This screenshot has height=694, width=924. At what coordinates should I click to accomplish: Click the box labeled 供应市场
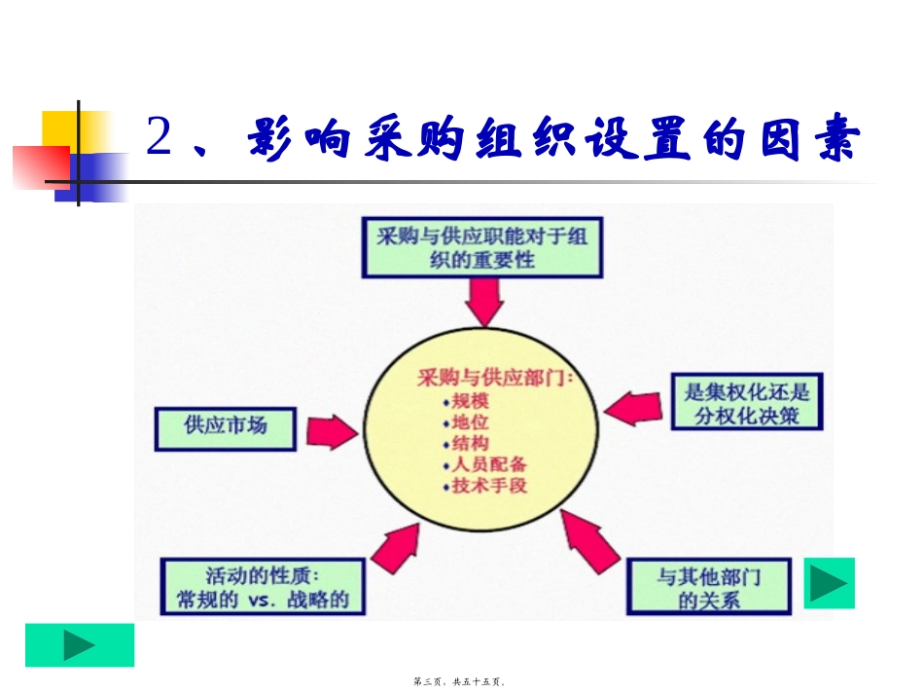pos(225,427)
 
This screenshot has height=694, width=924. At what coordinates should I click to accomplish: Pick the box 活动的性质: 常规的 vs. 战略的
pos(263,586)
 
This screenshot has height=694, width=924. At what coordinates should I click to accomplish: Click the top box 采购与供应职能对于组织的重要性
pos(481,248)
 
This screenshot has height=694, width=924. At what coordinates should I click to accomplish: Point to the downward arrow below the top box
pos(483,302)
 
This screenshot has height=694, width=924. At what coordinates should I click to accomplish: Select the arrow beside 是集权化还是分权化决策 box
pos(637,407)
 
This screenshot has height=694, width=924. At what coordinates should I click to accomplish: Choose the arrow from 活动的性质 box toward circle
pos(392,548)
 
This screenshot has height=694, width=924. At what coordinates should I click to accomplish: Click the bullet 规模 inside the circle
pos(471,400)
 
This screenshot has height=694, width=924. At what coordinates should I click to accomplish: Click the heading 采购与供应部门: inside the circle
pos(495,377)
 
